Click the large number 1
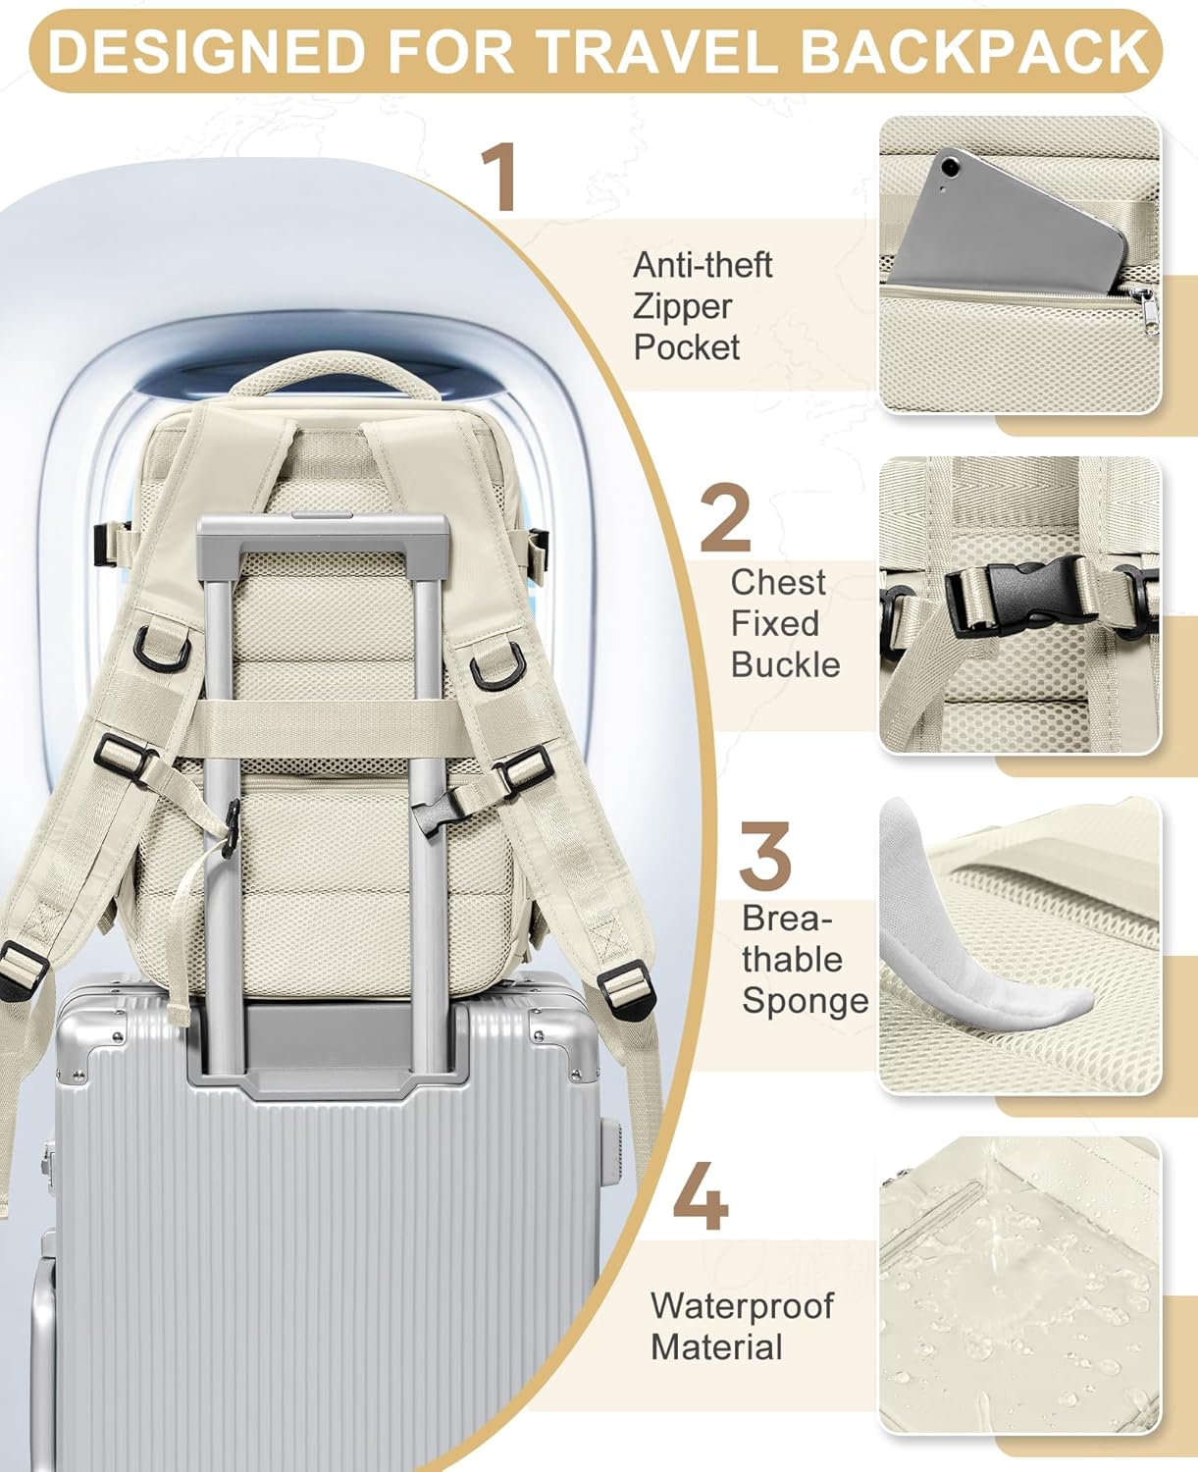pos(502,178)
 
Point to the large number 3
pos(764,857)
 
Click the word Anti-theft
pos(703,265)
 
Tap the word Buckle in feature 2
pos(785,664)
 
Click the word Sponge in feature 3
pos(805,1000)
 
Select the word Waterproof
pos(741,1306)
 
